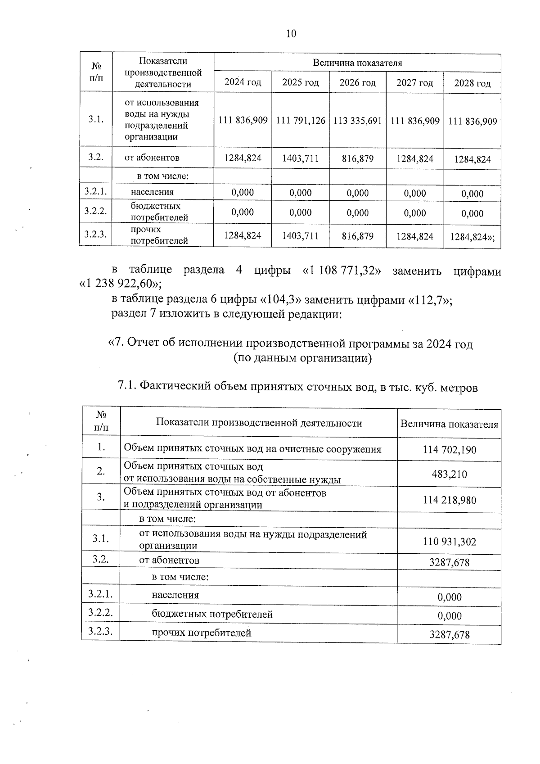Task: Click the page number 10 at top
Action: [291, 34]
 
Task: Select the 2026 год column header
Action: [357, 83]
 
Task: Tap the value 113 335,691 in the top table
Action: [357, 121]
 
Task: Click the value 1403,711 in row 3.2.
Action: [300, 158]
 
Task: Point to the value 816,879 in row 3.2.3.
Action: [357, 236]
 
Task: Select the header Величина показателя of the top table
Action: [357, 63]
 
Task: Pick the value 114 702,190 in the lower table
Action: [449, 449]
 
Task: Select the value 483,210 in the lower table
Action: [449, 474]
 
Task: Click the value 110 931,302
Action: [449, 542]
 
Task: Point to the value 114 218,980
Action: [449, 500]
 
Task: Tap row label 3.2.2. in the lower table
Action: [100, 613]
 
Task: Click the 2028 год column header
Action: [472, 83]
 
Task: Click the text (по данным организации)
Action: [302, 358]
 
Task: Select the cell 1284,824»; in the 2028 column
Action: [472, 236]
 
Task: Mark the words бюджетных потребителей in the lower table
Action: [212, 614]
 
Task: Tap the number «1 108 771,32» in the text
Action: [342, 271]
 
